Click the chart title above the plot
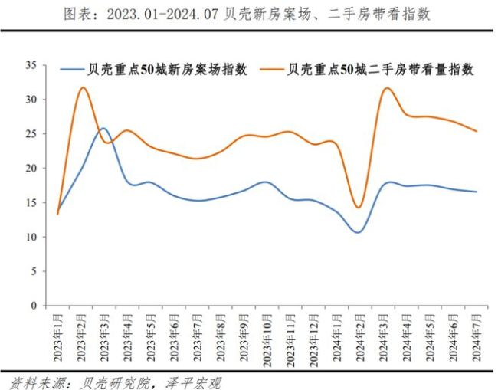(248, 15)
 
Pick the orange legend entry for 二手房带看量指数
(380, 69)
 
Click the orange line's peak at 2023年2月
(82, 87)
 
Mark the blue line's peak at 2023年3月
(103, 128)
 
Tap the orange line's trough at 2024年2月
(359, 208)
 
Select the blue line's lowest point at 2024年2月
(359, 232)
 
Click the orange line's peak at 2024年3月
(387, 88)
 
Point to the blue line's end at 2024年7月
(476, 192)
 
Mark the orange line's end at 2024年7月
(476, 131)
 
